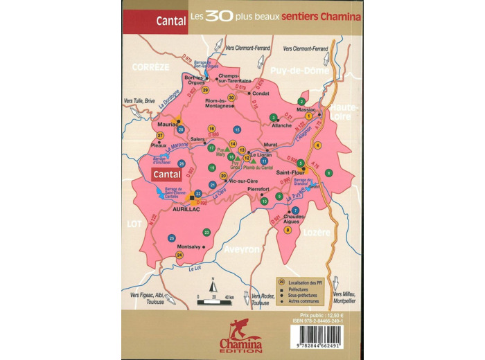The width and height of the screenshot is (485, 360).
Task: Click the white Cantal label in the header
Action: [x=170, y=21]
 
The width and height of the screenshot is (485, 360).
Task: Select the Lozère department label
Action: [x=316, y=233]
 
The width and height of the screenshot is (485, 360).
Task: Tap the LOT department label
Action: [x=134, y=224]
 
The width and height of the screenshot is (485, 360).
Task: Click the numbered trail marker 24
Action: [x=180, y=255]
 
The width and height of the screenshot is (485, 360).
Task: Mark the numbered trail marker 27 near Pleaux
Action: [x=160, y=135]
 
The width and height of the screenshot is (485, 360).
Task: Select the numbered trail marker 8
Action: [x=288, y=230]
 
